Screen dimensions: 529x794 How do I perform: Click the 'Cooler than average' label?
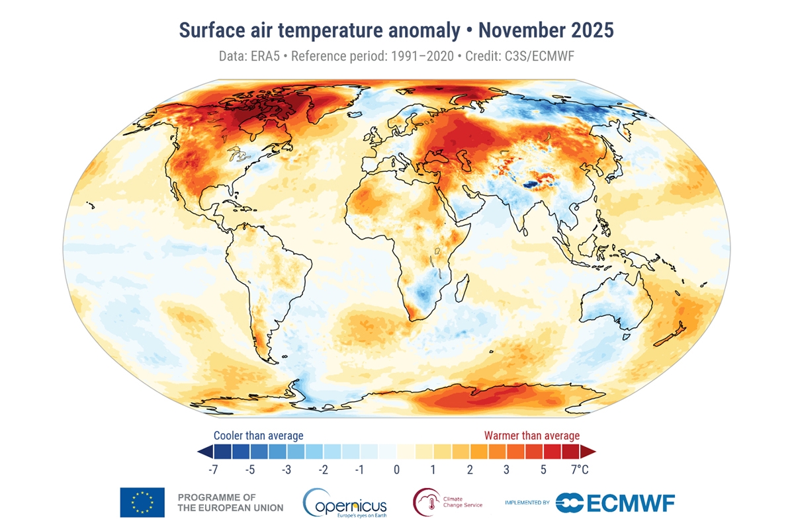[x=258, y=436]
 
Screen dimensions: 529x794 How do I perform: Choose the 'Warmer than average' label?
[x=532, y=436]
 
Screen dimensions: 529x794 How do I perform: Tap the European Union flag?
[x=142, y=502]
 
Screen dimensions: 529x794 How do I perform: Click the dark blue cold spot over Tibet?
[x=530, y=184]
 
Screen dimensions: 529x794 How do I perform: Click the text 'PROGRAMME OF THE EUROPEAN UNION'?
[x=230, y=502]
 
